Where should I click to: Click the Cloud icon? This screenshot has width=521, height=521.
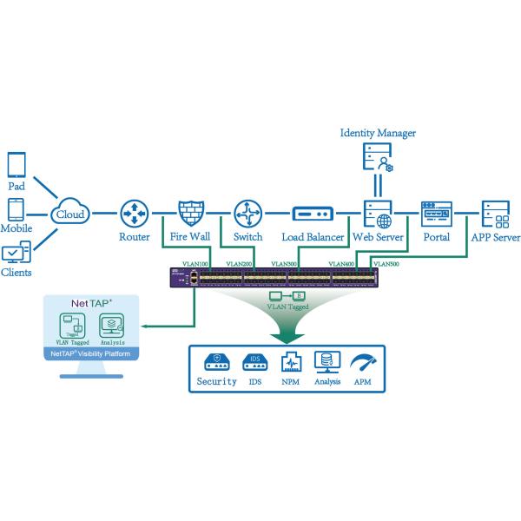coord(69,212)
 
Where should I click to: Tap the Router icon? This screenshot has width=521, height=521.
coord(135,212)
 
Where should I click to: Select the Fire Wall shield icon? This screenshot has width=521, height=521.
coord(190,212)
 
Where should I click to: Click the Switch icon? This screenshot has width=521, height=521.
coord(247,212)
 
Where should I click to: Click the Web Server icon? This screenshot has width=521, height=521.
coord(377,213)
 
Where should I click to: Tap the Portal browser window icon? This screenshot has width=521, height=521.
coord(436,213)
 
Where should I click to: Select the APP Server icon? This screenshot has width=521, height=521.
coord(495,213)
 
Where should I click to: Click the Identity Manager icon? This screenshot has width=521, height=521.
coord(378,158)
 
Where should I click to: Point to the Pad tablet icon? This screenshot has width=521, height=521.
coord(16,165)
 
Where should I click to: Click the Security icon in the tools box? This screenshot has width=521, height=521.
coord(216,361)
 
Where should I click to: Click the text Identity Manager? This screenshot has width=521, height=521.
coord(378,133)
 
